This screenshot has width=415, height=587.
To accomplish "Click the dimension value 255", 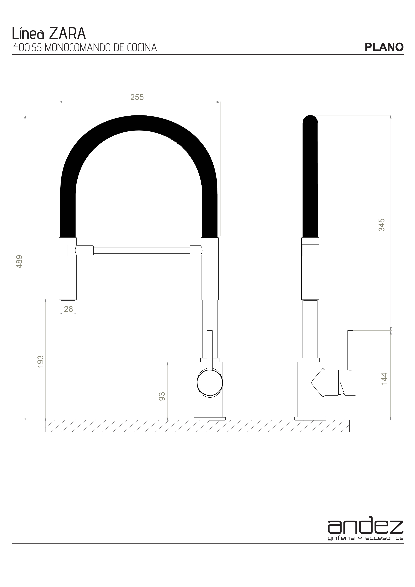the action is [137, 97].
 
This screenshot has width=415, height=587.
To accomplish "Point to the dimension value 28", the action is [68, 309].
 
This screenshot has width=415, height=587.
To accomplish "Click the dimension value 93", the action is [162, 396].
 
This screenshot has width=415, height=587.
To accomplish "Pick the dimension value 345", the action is [382, 225].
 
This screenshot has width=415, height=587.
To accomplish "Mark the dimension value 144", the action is [384, 379].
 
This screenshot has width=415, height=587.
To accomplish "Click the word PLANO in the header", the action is [384, 47].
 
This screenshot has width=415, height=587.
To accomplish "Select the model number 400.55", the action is [27, 48].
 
